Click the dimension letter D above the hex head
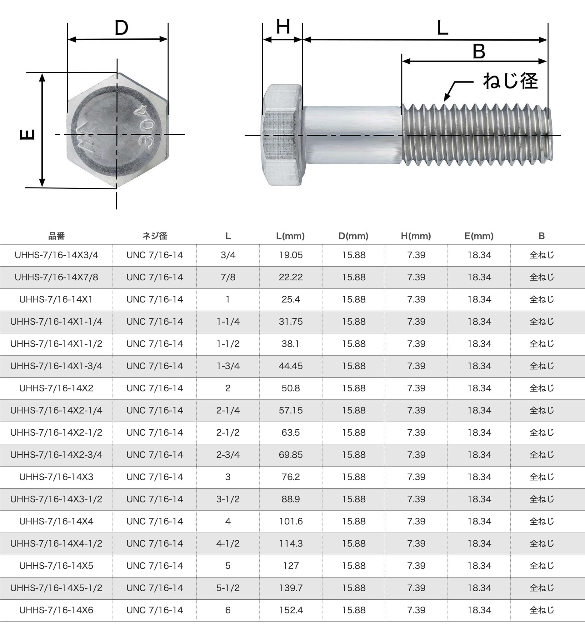coord(121,28)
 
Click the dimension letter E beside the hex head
coord(27,135)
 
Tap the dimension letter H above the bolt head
coord(283,27)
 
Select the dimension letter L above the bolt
coord(442,28)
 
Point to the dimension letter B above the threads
coord(479,51)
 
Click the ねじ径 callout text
coord(510,81)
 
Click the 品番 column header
coord(56,236)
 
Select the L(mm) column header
coord(290,236)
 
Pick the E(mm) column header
coord(479,236)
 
